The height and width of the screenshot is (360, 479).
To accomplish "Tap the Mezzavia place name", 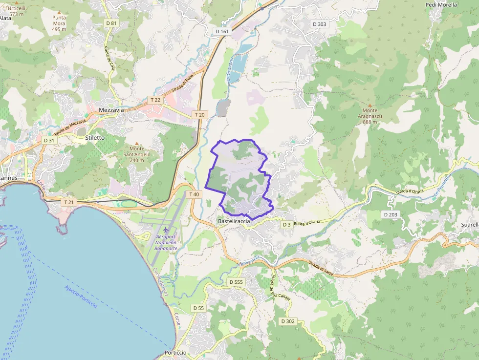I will [111, 110].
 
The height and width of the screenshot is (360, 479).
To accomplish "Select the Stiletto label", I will [95, 138].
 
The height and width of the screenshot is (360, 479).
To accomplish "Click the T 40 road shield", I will [194, 194].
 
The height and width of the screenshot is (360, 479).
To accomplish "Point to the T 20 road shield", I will [199, 114].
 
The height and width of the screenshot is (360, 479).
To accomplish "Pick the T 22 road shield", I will [155, 100].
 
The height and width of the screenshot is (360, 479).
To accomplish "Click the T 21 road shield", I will [68, 202].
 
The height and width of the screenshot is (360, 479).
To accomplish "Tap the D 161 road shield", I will [222, 31].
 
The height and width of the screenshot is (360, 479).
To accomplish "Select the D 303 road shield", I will [319, 24].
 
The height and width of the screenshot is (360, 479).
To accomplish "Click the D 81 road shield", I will [111, 23].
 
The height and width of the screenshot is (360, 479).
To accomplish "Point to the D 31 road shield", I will [49, 140].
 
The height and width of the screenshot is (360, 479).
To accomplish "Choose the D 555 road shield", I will [236, 282].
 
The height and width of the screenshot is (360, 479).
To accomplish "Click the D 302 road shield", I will [288, 321].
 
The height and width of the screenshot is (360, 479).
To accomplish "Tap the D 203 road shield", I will [391, 214].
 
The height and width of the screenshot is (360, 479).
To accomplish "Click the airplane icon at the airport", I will [166, 230].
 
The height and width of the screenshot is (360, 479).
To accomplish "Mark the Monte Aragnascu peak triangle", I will [370, 105].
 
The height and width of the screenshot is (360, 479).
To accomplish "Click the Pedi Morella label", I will [441, 5].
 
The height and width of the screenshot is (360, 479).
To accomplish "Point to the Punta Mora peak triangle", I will [59, 11].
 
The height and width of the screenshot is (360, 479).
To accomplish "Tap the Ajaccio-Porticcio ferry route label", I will [80, 296].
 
